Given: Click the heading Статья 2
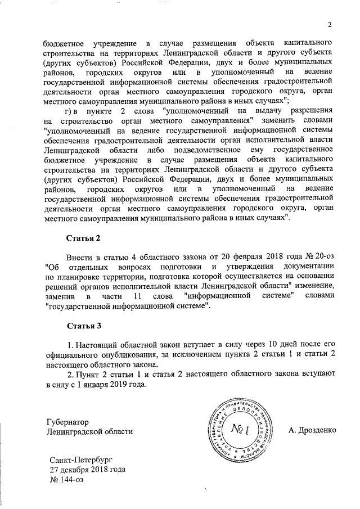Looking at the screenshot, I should click(x=84, y=238).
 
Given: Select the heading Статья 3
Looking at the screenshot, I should click(x=84, y=326).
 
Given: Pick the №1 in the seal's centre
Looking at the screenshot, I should click(x=240, y=430).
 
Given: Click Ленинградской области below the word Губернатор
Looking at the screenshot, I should click(x=90, y=431).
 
